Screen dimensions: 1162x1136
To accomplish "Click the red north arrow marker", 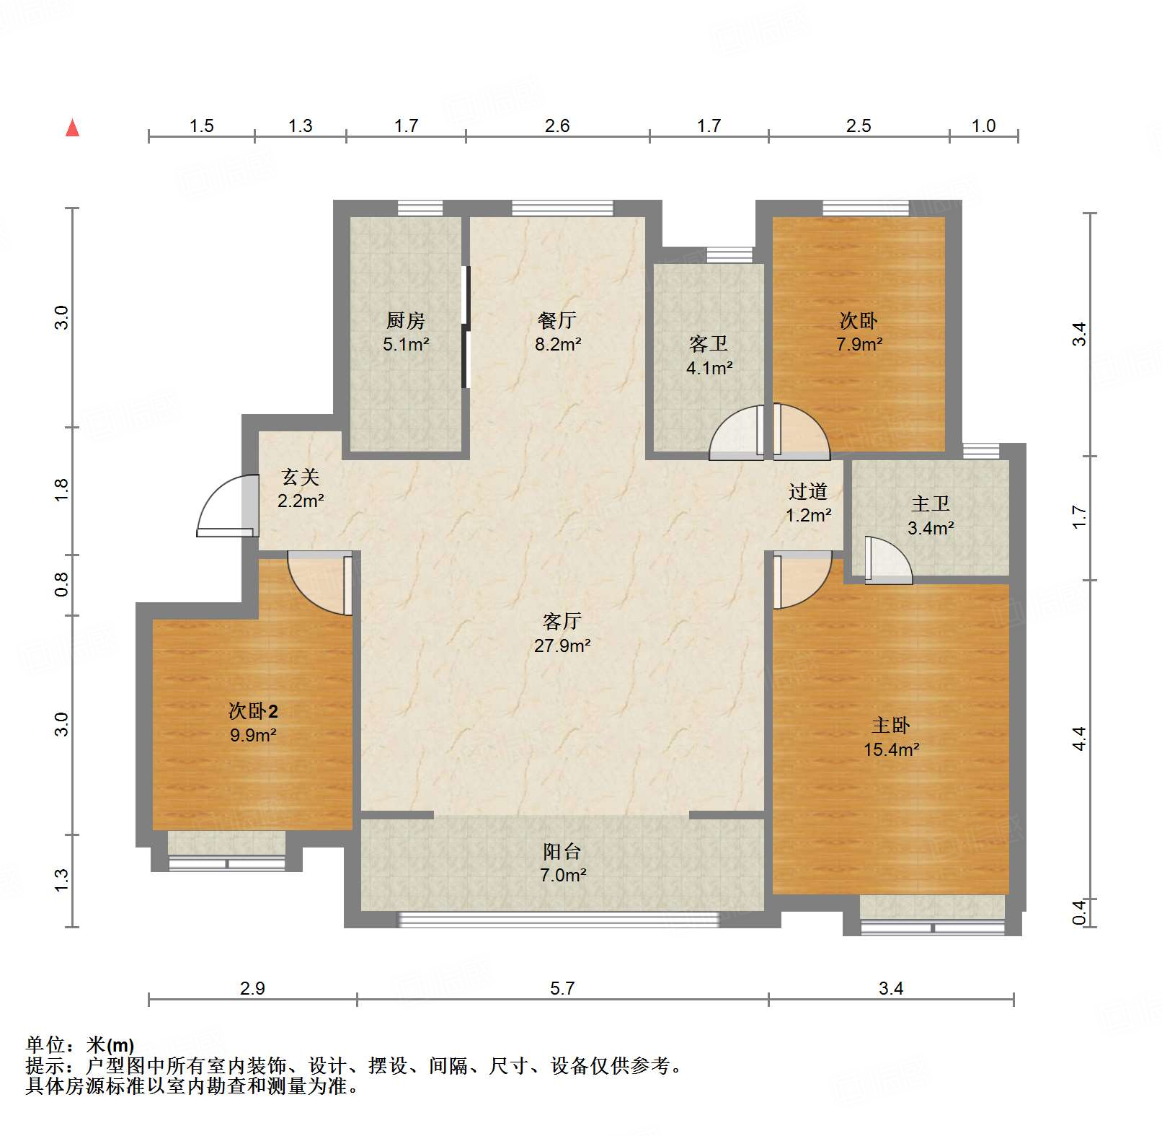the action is (x=72, y=128).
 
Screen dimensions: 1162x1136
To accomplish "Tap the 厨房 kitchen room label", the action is (x=406, y=320).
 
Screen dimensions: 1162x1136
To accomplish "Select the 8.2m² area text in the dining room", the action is (x=558, y=344).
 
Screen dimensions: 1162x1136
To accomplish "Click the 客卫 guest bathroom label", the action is (x=709, y=343).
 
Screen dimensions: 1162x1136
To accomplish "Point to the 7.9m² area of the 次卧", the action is (x=859, y=344).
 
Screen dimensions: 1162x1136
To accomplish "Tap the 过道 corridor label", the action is (x=807, y=491).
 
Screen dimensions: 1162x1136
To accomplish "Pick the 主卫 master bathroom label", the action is (x=931, y=503).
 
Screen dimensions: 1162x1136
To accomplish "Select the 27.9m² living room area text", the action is (x=562, y=646).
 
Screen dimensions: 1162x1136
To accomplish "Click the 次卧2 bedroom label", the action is (x=253, y=711).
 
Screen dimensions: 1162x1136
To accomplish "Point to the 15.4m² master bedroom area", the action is (x=891, y=749).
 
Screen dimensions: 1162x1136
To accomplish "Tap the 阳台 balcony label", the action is (x=562, y=851).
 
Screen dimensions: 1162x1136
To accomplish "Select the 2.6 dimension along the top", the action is (x=557, y=126).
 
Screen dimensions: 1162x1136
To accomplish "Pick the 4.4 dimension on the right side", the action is (x=1079, y=738).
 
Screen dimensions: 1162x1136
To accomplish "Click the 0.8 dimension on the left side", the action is (x=62, y=584).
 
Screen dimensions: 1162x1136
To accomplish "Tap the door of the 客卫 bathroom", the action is (x=736, y=433).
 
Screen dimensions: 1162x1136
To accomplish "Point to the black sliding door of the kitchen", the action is (x=466, y=327).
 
